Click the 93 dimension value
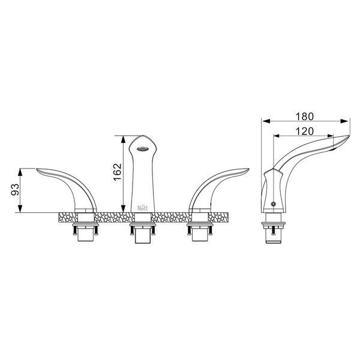pyautogui.click(x=15, y=189)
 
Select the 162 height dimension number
pyautogui.click(x=118, y=172)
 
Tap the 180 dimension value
pyautogui.click(x=304, y=116)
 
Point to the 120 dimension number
pyautogui.click(x=304, y=131)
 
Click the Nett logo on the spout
pyautogui.click(x=143, y=208)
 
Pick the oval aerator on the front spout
pyautogui.click(x=142, y=149)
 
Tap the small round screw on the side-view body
pyautogui.click(x=273, y=204)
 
